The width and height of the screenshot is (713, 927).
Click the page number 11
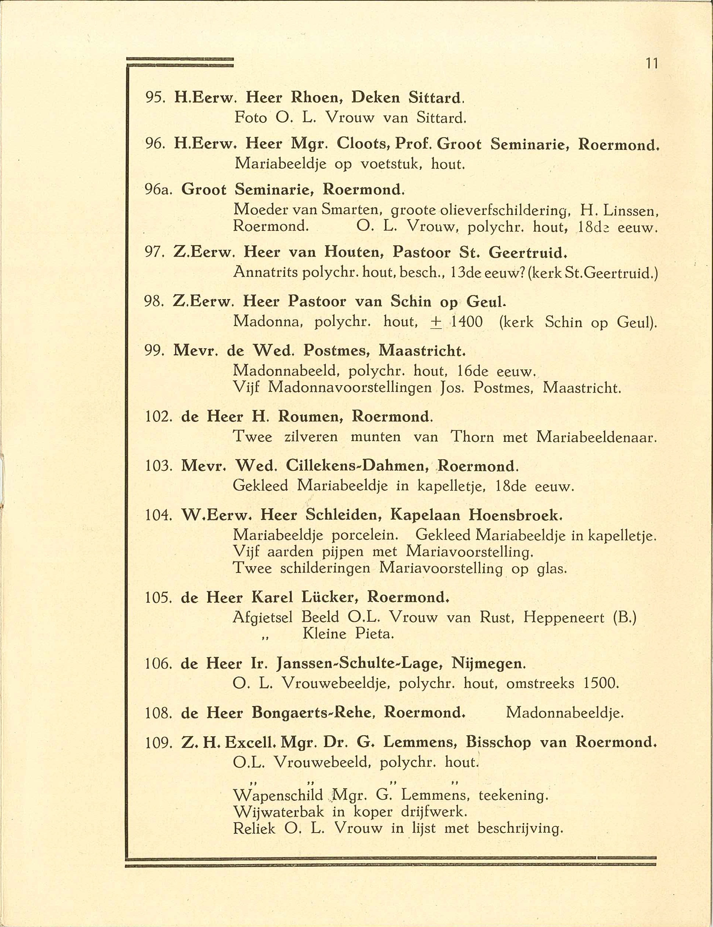tap(652, 64)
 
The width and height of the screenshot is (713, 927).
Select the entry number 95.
tap(153, 98)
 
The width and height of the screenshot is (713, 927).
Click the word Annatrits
tap(266, 273)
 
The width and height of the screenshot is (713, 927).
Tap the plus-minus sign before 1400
tap(435, 323)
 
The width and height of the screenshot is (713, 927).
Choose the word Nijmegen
tap(488, 663)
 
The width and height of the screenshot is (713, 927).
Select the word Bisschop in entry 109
tap(498, 742)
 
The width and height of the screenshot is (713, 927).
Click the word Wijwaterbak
tap(278, 812)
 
